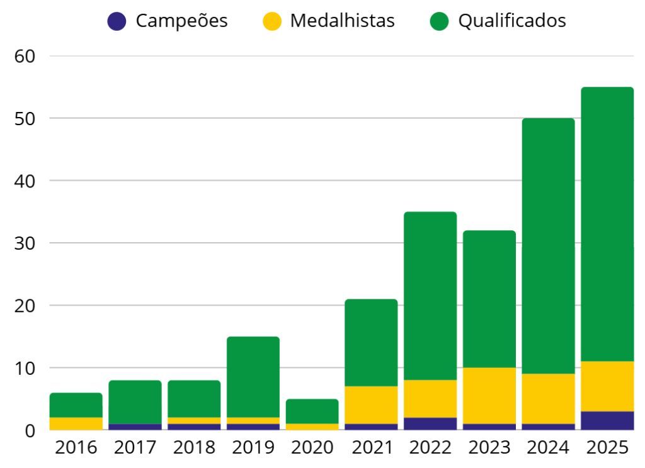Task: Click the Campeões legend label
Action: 181,21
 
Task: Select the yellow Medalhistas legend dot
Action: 271,21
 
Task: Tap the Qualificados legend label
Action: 511,21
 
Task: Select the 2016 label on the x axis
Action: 76,448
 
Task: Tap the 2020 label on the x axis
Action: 312,448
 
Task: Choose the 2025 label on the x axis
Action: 607,448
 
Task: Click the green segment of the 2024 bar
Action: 548,245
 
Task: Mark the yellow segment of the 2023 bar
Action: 489,396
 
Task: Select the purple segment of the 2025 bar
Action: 607,421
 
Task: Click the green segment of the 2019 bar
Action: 253,377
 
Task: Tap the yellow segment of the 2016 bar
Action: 76,423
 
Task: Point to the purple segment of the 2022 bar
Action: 430,424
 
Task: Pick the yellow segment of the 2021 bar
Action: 371,405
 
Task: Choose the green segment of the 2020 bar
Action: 312,411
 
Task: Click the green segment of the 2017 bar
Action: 135,402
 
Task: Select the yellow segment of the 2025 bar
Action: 607,386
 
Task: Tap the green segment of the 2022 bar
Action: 430,296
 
